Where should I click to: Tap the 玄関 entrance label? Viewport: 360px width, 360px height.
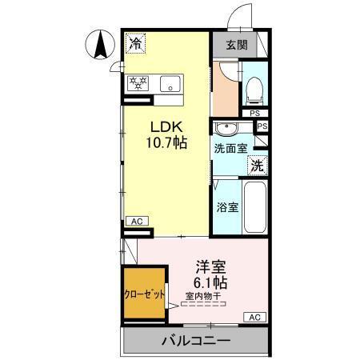(x=235, y=45)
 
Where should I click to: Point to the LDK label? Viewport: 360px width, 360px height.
(x=166, y=127)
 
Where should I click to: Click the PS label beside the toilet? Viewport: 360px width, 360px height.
(x=254, y=113)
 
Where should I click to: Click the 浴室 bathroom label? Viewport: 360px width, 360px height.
(x=227, y=206)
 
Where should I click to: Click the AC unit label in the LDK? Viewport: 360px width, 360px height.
(x=136, y=221)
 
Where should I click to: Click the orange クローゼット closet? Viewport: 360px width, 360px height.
(x=144, y=293)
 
